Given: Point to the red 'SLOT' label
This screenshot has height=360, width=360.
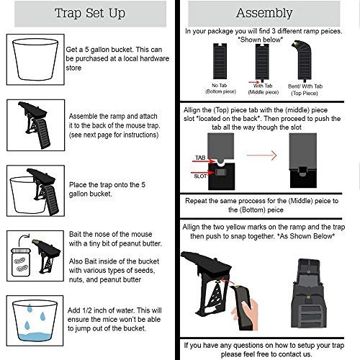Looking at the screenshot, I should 202,173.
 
